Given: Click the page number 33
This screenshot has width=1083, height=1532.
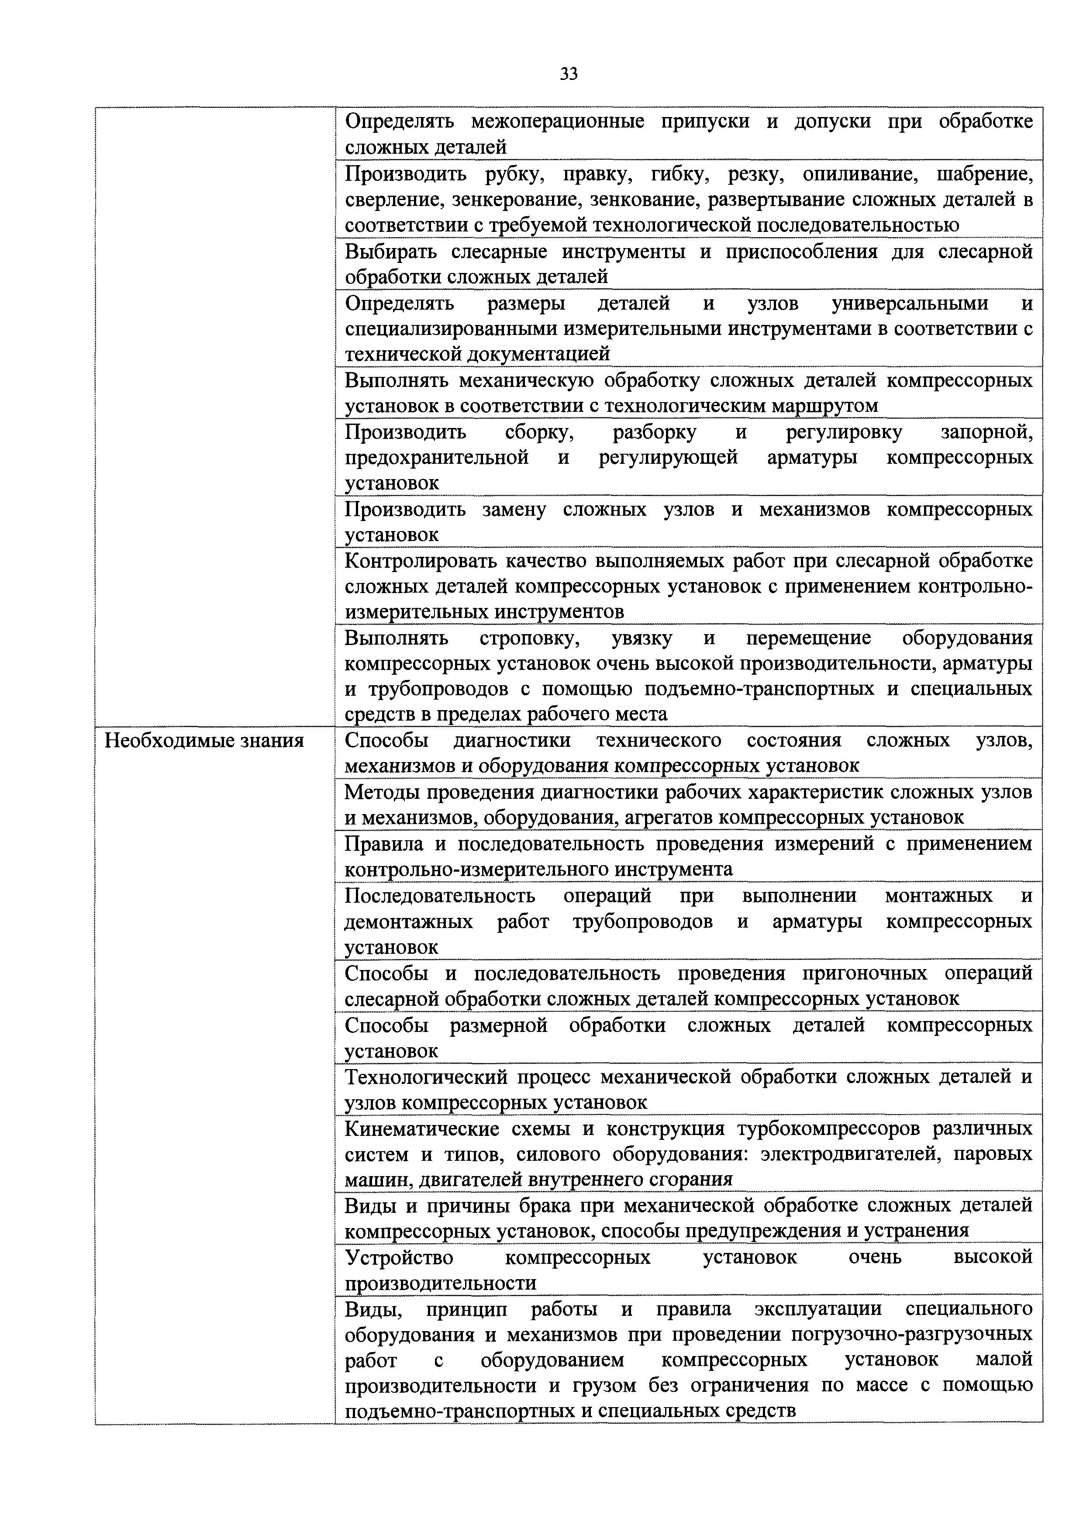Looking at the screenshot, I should tap(569, 74).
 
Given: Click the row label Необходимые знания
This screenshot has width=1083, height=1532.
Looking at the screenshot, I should tap(205, 741).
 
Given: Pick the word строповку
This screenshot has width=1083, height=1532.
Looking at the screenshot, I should tap(529, 638).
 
